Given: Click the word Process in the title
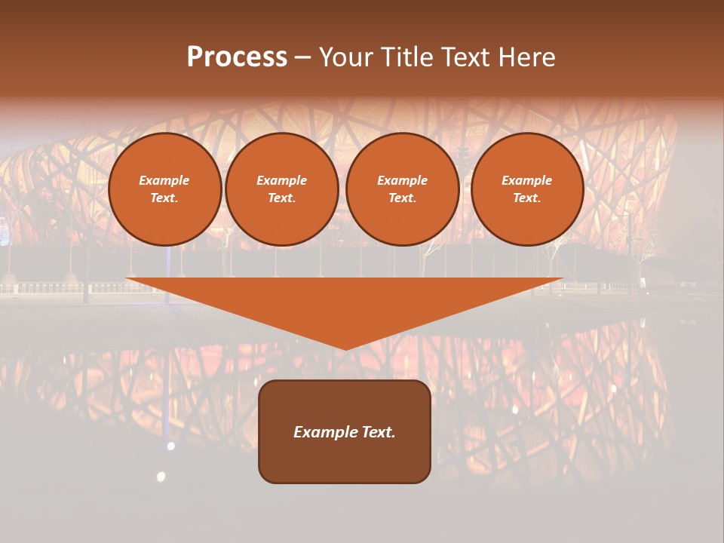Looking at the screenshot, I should (237, 57).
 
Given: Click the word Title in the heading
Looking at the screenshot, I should (407, 57).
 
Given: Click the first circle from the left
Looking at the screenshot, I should (164, 189).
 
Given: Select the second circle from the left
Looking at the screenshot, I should (281, 189).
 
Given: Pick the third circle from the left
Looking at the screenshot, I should (402, 189).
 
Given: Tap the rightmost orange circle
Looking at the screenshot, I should (526, 189).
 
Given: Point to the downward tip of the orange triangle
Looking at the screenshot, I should (345, 348).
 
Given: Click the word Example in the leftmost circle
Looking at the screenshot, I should (164, 181).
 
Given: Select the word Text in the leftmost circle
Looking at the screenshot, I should (164, 198).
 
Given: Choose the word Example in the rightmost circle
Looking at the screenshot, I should (526, 181).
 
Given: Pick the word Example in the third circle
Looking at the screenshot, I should (402, 181).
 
